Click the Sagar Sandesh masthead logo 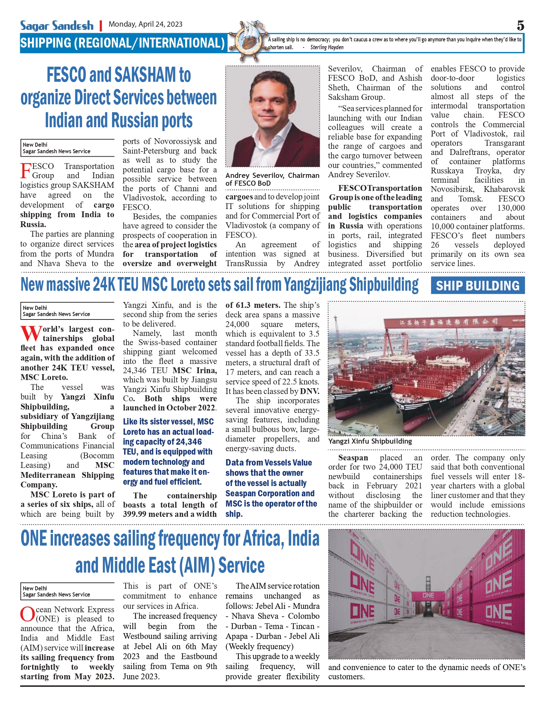point(57,25)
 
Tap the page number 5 point(520,26)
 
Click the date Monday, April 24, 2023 point(145,24)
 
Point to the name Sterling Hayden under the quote point(327,48)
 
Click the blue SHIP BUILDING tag point(477,286)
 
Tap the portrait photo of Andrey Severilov point(272,116)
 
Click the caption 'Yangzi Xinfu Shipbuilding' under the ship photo point(370,441)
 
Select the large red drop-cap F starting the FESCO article point(26,171)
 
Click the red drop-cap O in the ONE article point(27,614)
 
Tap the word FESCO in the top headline point(67,75)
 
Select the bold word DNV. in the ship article point(310,391)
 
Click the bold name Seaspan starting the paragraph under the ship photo point(353,458)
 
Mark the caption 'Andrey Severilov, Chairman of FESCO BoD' point(272,179)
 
